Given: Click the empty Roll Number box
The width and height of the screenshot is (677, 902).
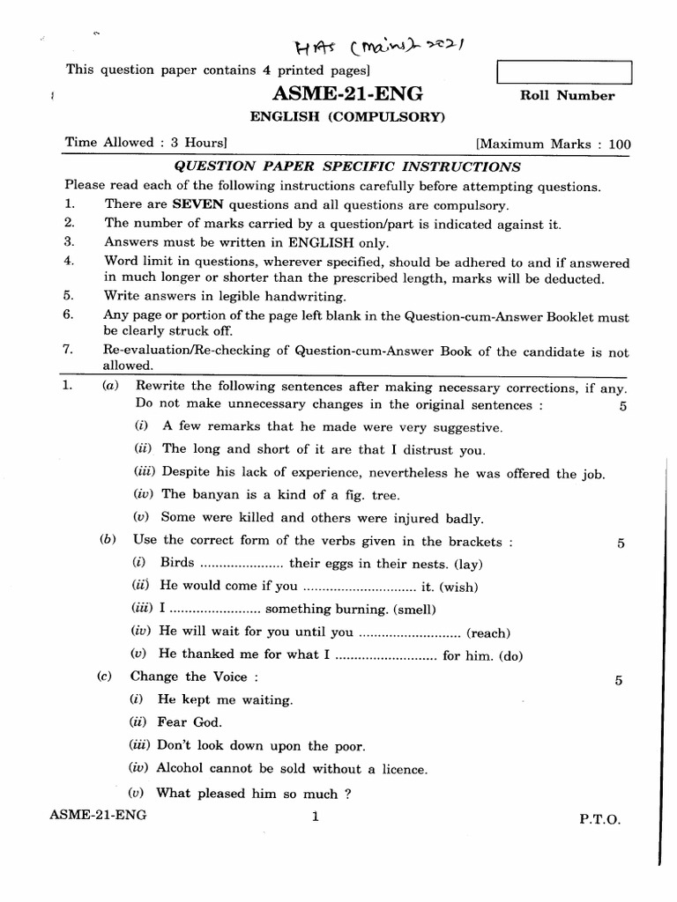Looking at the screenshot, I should [564, 71].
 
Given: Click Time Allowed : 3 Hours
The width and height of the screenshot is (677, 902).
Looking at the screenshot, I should [146, 142].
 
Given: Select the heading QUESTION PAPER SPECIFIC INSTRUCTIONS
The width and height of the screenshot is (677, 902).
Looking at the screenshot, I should [347, 166].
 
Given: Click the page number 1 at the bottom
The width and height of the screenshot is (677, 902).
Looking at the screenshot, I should [315, 817].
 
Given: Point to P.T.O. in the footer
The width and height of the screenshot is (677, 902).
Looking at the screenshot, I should [599, 817].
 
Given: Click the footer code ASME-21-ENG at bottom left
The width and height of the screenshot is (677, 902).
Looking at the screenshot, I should [99, 816].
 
